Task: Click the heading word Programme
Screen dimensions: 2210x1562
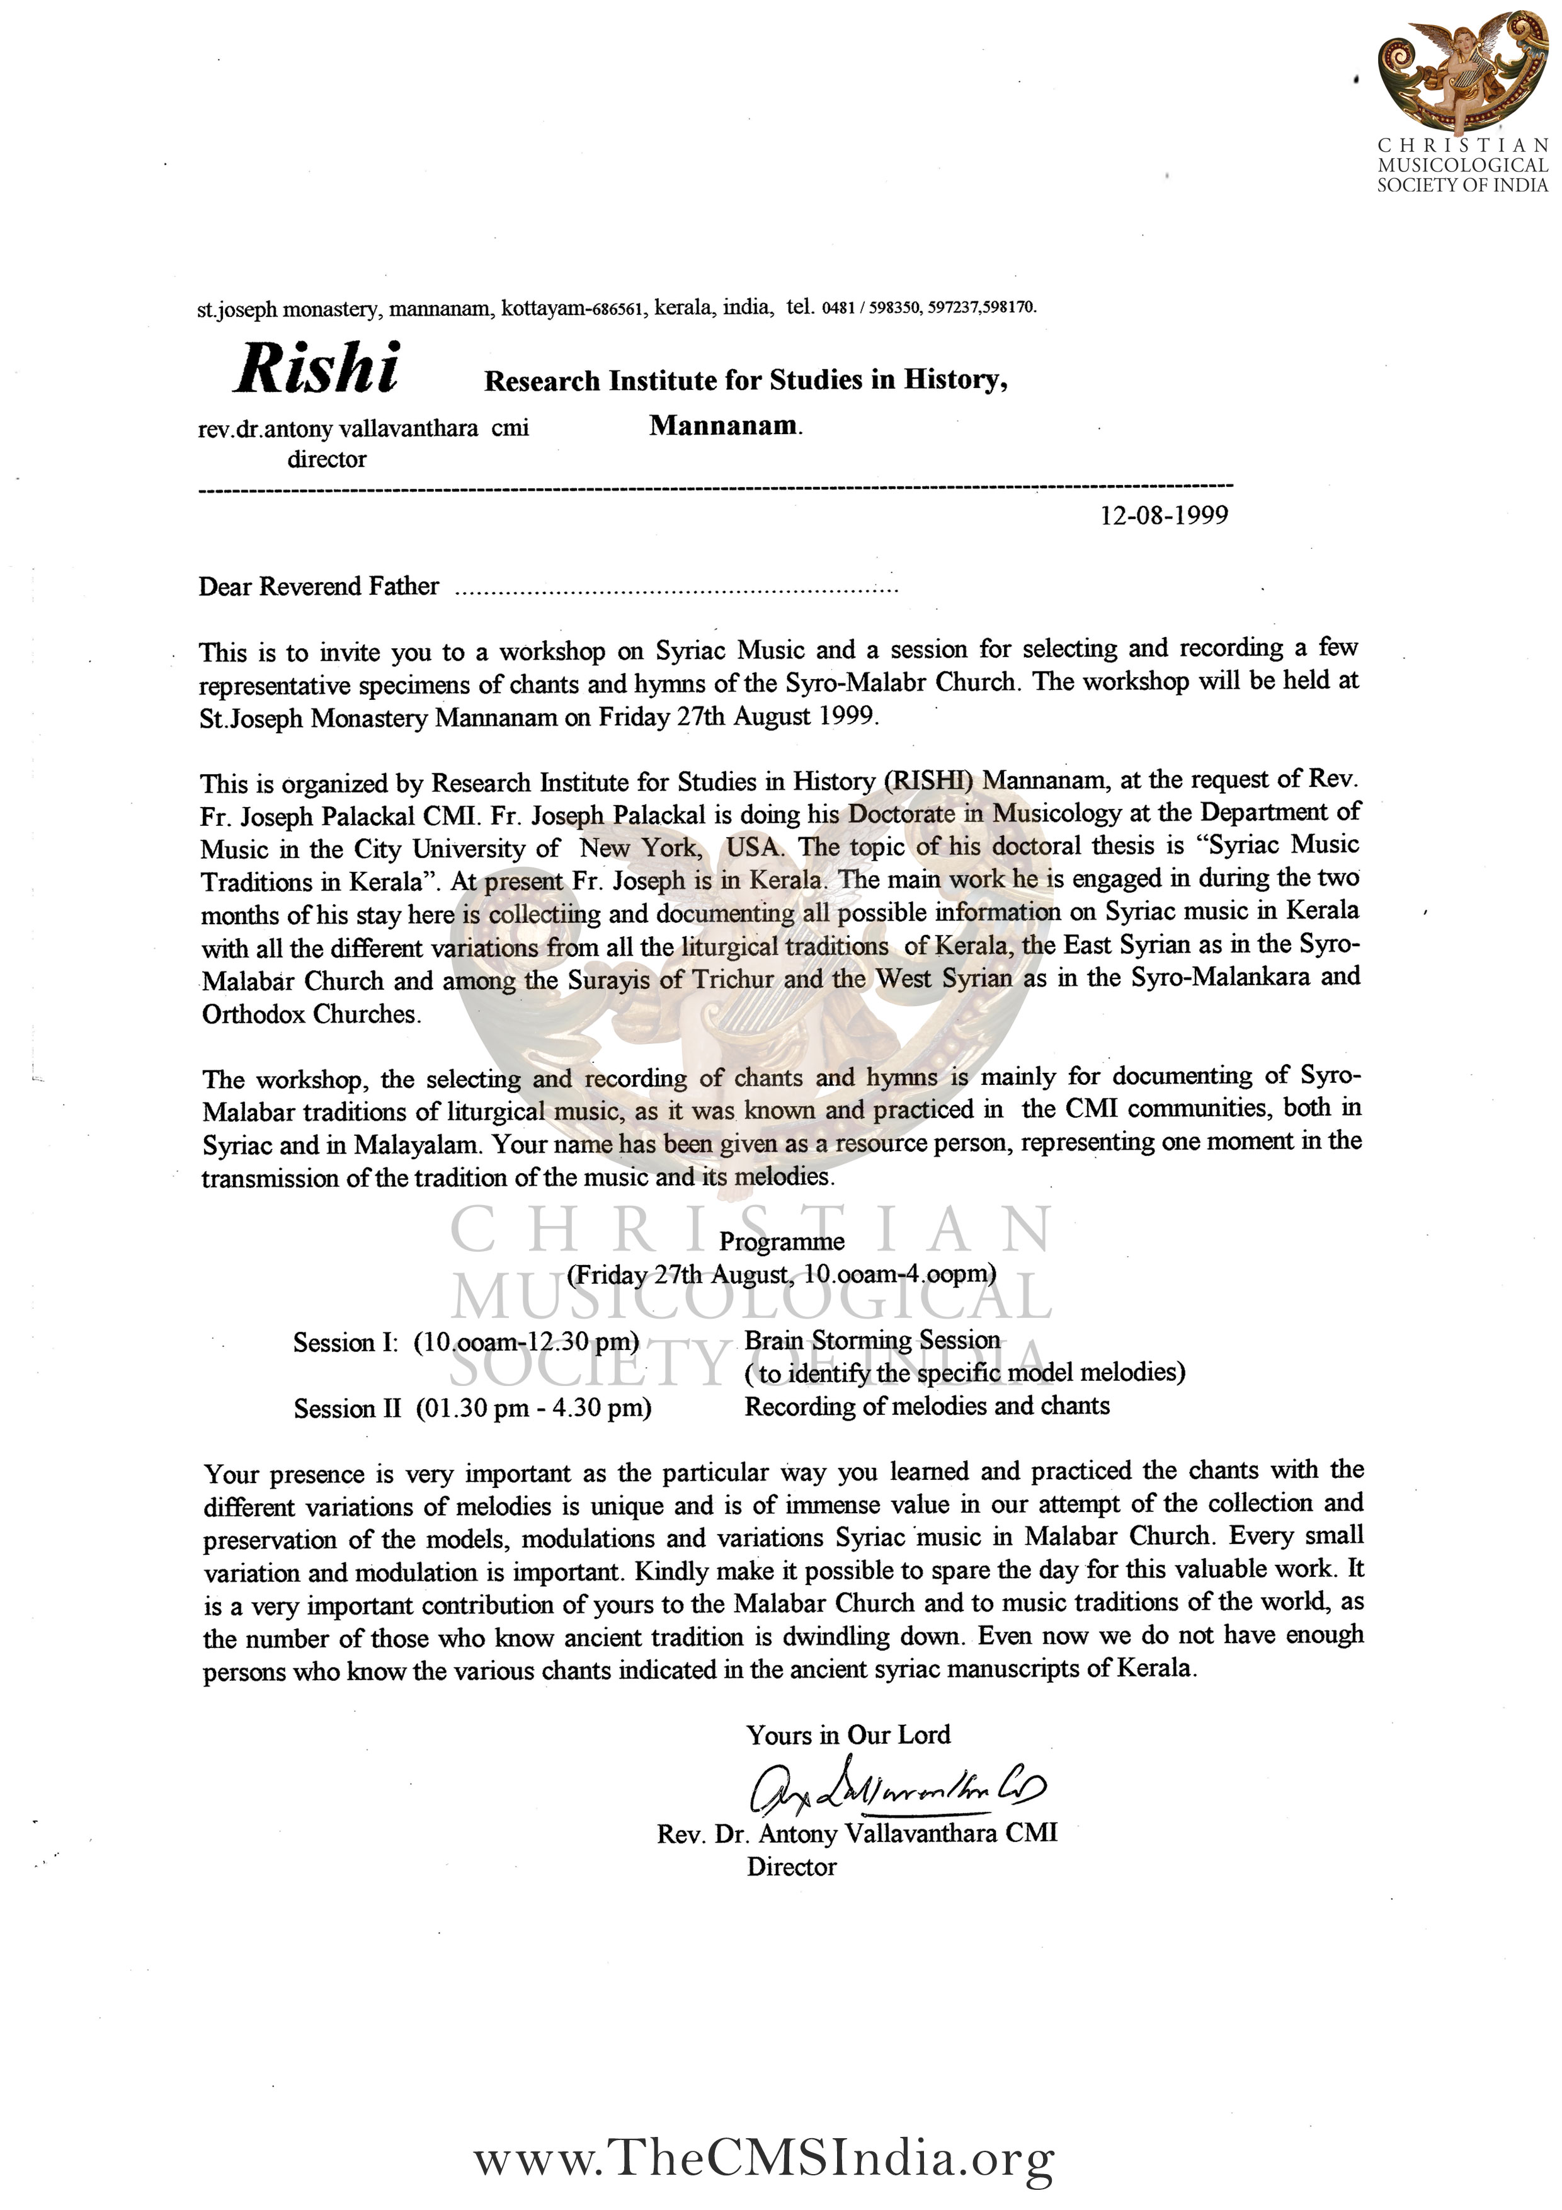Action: [782, 1242]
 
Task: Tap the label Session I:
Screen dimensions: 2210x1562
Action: [345, 1343]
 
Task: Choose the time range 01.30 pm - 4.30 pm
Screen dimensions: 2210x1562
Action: [534, 1408]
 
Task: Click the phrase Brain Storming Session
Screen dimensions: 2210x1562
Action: [872, 1340]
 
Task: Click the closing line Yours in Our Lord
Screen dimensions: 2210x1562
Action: [848, 1734]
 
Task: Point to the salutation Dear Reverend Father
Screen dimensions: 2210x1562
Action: [319, 586]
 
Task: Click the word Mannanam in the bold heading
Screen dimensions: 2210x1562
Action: [724, 425]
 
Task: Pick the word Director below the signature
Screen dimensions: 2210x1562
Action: [791, 1867]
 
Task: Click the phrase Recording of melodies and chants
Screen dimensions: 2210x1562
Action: [926, 1406]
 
